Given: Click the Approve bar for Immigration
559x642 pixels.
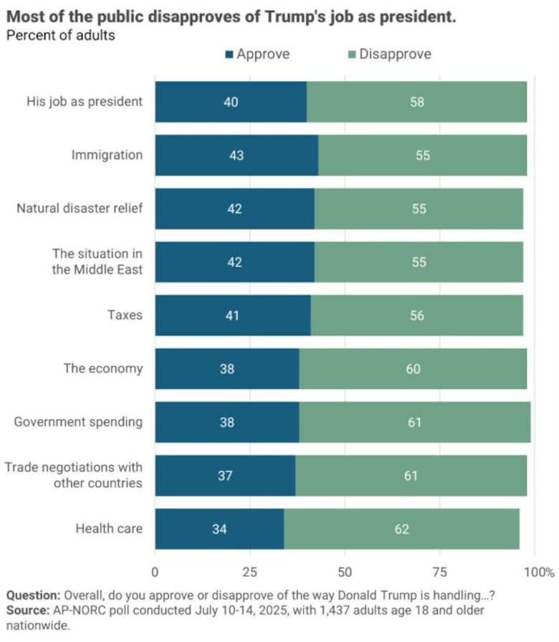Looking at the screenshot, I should click(x=236, y=155).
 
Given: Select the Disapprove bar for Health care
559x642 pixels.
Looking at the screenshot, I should click(x=401, y=530).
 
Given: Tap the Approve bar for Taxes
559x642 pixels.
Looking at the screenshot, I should click(x=233, y=315).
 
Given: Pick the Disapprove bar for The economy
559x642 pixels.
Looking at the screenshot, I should click(x=413, y=369).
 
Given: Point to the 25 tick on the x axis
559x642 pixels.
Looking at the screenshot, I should click(x=250, y=572).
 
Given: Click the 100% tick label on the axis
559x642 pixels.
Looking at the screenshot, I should click(x=539, y=572).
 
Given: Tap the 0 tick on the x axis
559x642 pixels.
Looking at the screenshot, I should click(x=155, y=572).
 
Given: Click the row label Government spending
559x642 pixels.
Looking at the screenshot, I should click(x=78, y=422).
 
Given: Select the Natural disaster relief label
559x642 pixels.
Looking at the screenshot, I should click(x=80, y=209).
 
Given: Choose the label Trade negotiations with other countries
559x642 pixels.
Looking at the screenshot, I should click(x=74, y=475).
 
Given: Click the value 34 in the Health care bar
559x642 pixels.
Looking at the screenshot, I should click(x=219, y=530).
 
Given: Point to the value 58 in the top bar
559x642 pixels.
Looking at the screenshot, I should click(x=417, y=102).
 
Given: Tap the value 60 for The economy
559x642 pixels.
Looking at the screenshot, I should click(x=413, y=369).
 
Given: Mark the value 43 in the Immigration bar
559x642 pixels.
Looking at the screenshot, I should click(x=236, y=155).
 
